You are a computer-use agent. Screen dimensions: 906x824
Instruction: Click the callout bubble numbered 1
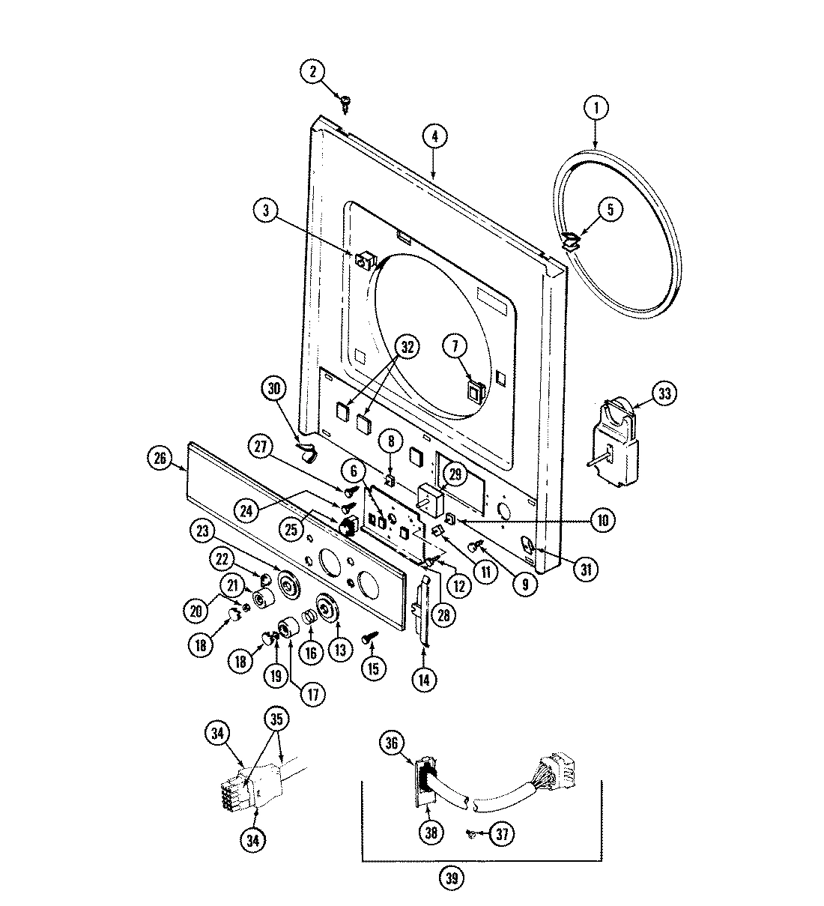click(596, 107)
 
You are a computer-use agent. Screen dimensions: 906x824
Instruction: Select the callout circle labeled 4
click(434, 136)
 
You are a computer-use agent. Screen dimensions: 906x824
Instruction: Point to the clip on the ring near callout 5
click(572, 239)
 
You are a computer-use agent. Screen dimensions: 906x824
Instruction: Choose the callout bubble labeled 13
click(340, 650)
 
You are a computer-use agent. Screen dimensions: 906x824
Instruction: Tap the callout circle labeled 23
click(202, 531)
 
